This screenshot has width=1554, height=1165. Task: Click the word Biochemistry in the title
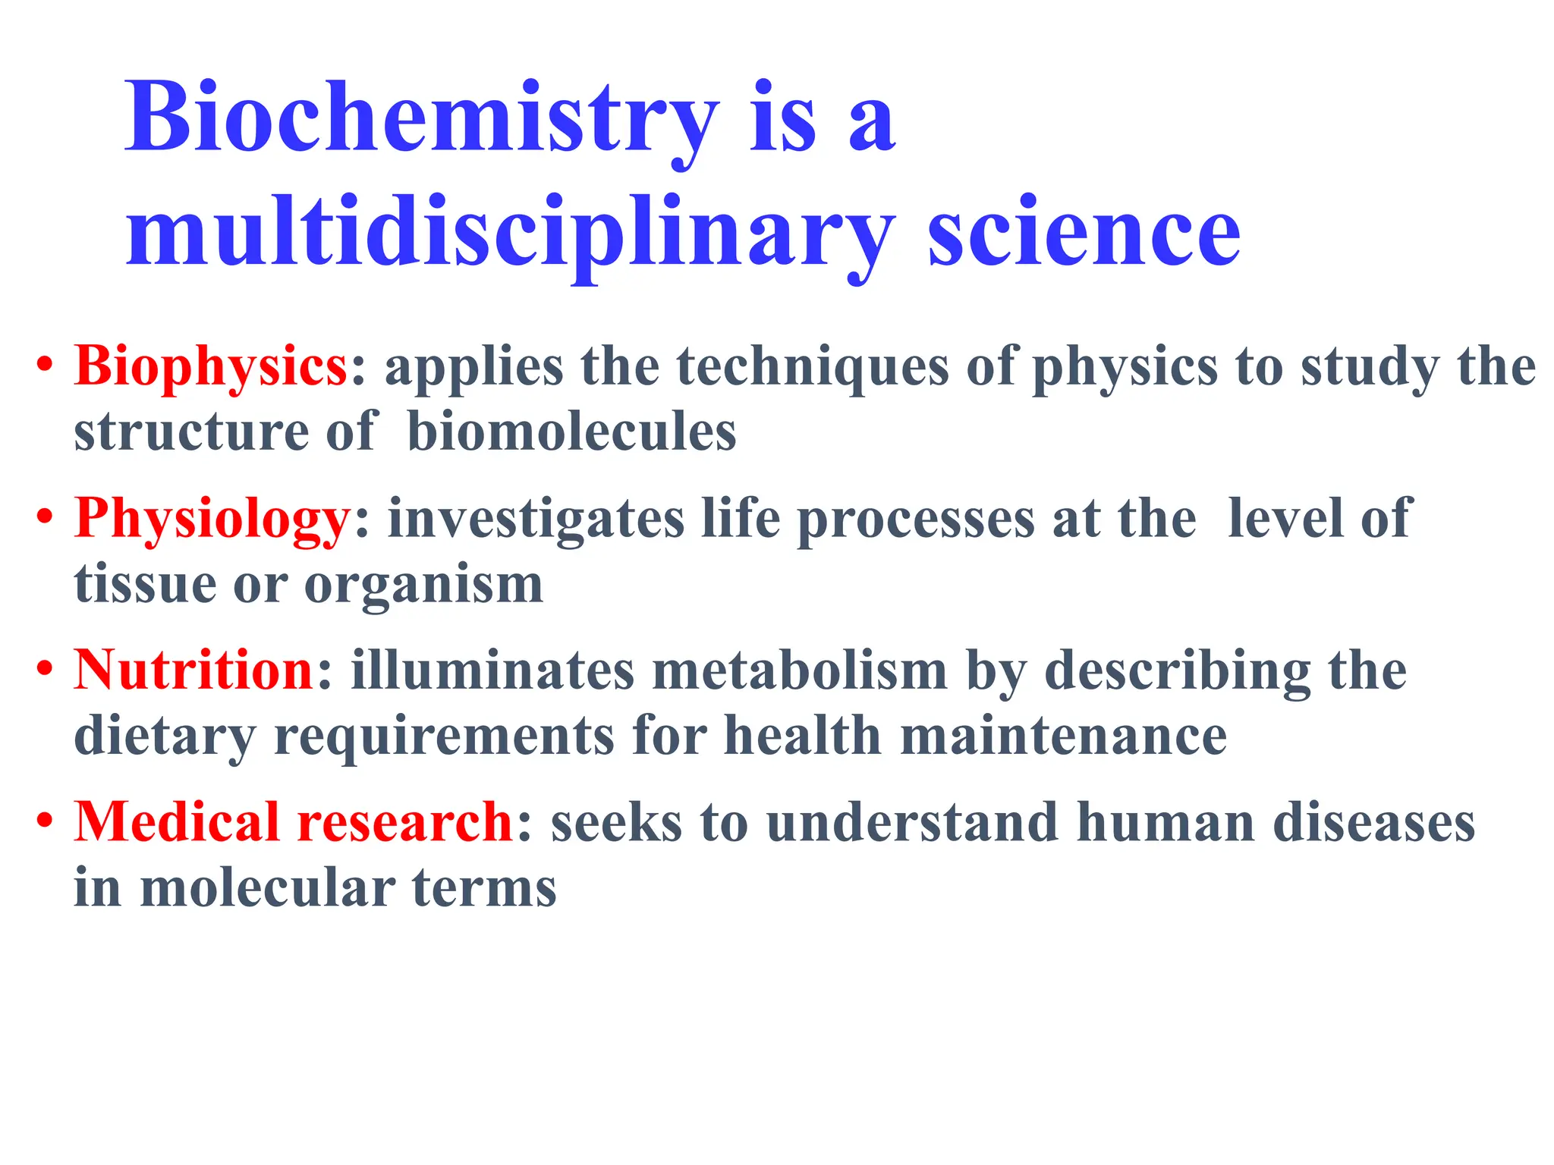coord(421,120)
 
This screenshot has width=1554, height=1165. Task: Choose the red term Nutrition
coord(194,670)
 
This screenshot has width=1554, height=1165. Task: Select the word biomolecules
coord(571,432)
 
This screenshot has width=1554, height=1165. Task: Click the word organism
coord(423,585)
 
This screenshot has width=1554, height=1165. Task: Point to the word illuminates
coord(492,670)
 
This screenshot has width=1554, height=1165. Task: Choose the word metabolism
coord(800,670)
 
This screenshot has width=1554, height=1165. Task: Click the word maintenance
coord(1063,736)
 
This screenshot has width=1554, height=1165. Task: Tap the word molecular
coord(268,888)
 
